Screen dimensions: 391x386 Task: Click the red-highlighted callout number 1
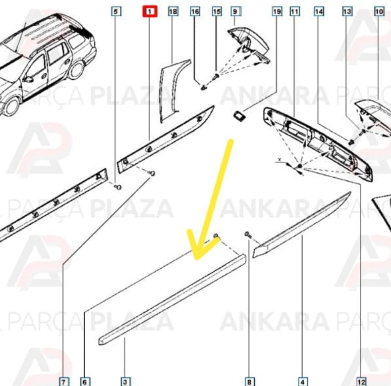pyautogui.click(x=150, y=11)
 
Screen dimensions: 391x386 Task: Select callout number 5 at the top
pyautogui.click(x=116, y=11)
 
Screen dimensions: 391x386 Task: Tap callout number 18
pyautogui.click(x=173, y=11)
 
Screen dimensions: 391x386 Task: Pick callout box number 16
pyautogui.click(x=195, y=11)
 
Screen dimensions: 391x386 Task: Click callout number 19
pyautogui.click(x=277, y=11)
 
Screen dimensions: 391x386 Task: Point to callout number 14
pyautogui.click(x=319, y=11)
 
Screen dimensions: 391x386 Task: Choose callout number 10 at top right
pyautogui.click(x=379, y=11)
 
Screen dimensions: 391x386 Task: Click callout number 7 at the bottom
pyautogui.click(x=64, y=381)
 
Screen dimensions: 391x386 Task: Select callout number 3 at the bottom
pyautogui.click(x=125, y=381)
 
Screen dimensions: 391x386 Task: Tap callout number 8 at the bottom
pyautogui.click(x=249, y=381)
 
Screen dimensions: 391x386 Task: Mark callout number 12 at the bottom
pyautogui.click(x=361, y=381)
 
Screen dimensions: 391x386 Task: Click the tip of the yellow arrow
pyautogui.click(x=197, y=258)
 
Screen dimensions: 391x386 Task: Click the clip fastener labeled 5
pyautogui.click(x=118, y=187)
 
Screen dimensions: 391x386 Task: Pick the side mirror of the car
pyautogui.click(x=28, y=80)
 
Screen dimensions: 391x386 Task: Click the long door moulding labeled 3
pyautogui.click(x=172, y=299)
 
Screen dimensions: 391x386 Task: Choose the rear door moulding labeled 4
pyautogui.click(x=302, y=225)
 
